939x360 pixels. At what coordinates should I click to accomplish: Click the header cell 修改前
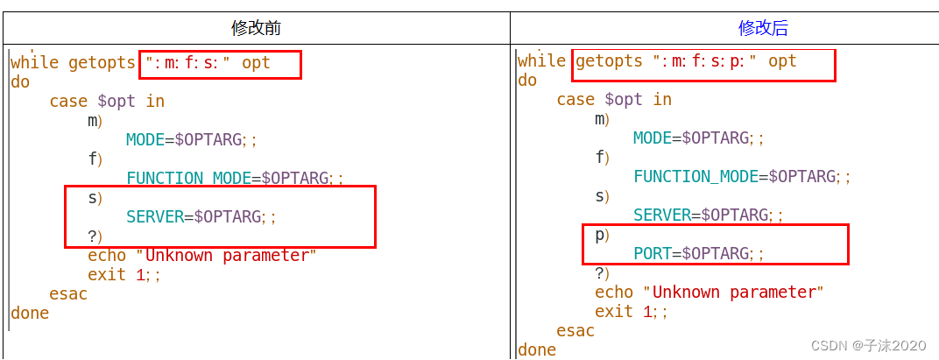click(256, 28)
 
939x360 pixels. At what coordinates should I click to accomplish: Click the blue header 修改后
click(763, 28)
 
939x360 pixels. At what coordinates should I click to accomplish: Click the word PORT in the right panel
click(652, 253)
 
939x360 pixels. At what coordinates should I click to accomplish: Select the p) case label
click(602, 234)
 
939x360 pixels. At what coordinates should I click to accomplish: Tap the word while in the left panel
click(34, 62)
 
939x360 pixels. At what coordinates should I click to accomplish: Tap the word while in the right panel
click(541, 60)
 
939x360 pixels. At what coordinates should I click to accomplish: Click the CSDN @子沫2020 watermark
click(868, 345)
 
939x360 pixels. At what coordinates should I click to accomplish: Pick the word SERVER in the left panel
click(155, 216)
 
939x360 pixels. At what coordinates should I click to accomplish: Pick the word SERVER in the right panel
click(661, 215)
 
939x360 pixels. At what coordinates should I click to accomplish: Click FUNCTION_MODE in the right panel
click(695, 176)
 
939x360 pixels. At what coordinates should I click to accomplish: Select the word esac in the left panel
click(68, 293)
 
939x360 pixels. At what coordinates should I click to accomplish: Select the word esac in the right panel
click(575, 330)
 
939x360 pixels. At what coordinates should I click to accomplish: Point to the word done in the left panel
click(30, 313)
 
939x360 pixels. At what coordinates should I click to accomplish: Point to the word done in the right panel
click(537, 349)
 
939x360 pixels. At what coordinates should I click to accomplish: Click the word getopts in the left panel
click(102, 62)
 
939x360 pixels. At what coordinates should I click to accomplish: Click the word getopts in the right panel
click(609, 60)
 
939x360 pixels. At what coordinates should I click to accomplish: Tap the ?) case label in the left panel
click(95, 236)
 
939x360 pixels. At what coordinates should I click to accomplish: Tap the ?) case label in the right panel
click(602, 272)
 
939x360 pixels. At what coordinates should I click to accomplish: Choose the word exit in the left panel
click(107, 274)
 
